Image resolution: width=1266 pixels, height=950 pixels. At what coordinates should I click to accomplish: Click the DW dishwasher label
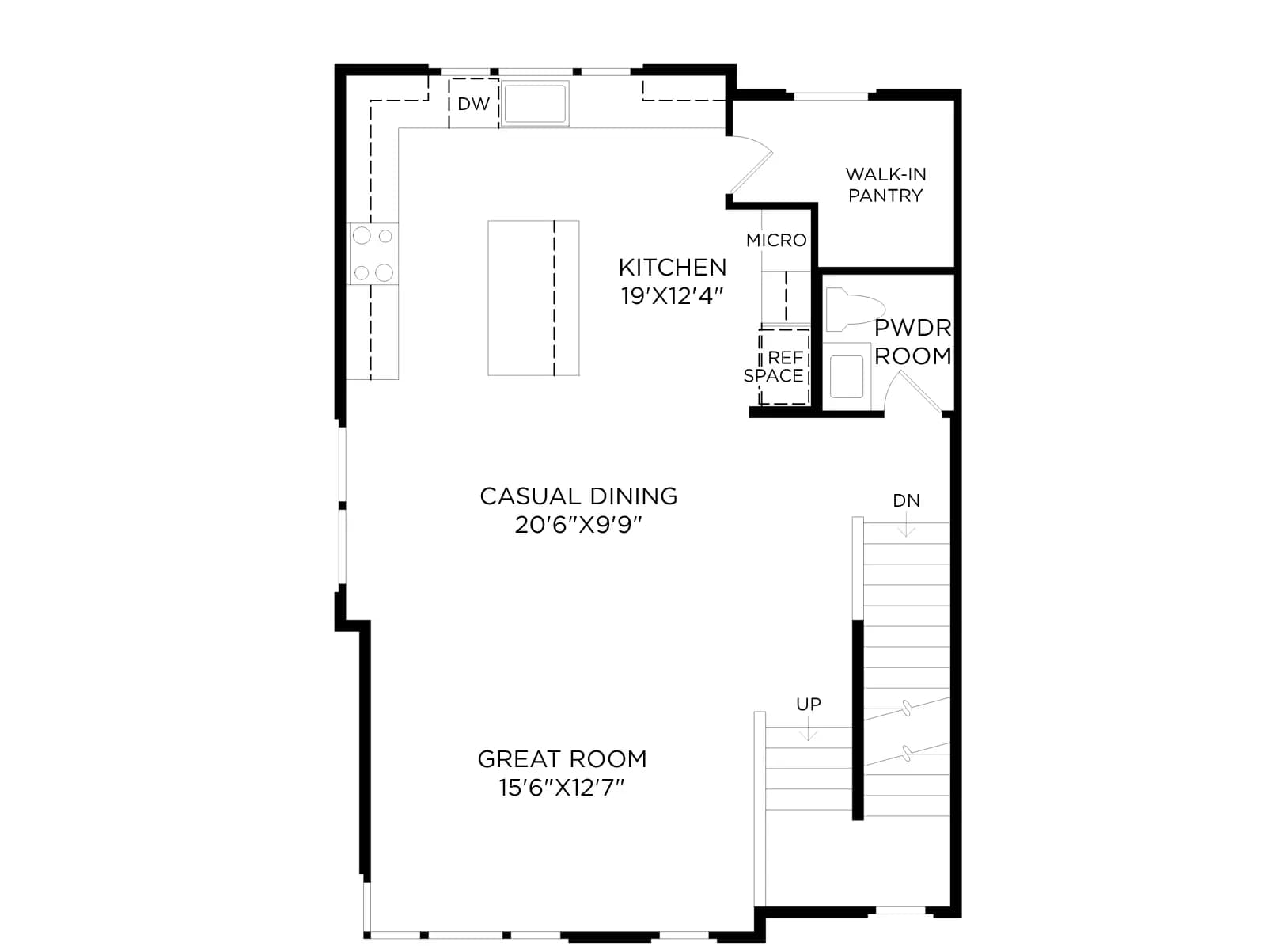point(473,104)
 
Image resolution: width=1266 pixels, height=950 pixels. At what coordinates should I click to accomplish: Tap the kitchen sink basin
point(535,103)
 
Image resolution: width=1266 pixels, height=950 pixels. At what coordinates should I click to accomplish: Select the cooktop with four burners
point(373,253)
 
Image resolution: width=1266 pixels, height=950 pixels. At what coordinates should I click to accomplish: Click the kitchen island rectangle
point(533,298)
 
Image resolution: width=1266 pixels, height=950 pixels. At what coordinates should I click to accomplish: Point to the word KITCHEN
point(672,268)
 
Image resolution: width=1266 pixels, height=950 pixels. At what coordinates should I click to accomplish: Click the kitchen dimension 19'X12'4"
point(672,296)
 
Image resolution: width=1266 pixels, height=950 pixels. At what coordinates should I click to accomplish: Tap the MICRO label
point(775,240)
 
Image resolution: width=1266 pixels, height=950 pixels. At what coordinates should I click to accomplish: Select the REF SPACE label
point(774,367)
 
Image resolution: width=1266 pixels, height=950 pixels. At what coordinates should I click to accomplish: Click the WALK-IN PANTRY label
point(885,184)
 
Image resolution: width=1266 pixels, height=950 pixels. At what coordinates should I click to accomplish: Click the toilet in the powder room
point(855,310)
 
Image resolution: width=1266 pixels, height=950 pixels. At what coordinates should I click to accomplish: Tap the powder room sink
point(846,375)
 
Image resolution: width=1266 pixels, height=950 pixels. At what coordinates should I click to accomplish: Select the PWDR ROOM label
point(912,341)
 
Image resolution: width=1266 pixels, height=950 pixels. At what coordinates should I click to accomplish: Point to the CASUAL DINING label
point(578,496)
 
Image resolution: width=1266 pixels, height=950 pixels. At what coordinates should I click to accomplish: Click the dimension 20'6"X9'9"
point(578,525)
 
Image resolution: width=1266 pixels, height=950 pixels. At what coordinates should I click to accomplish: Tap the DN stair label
point(906,500)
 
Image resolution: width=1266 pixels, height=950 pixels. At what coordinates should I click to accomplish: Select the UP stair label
point(809,705)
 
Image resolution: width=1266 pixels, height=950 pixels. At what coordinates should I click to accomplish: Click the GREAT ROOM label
point(563,759)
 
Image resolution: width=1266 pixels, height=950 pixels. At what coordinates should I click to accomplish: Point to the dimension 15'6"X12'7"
point(563,788)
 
